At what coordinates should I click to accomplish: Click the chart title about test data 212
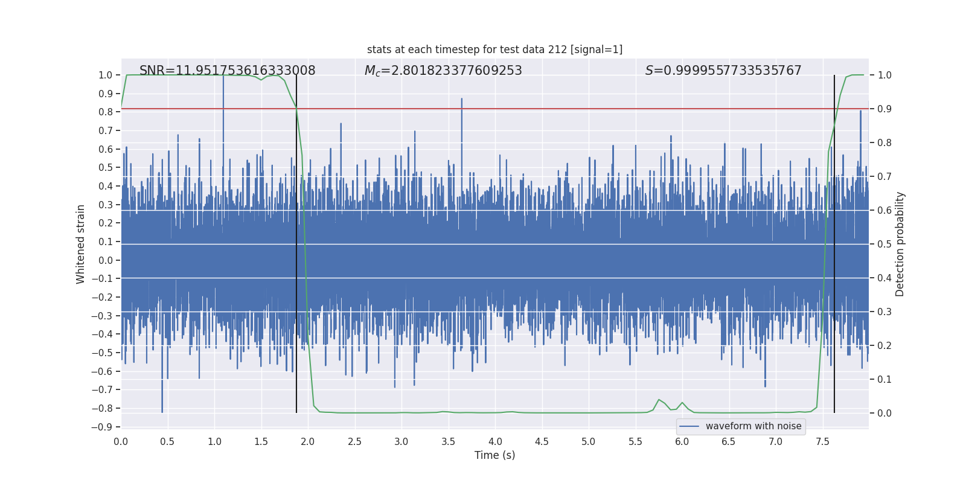point(494,50)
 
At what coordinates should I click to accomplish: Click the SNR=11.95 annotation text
point(227,71)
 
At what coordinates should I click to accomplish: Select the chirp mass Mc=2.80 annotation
point(443,71)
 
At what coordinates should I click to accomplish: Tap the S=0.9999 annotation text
point(723,71)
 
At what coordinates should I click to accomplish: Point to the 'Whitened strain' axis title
point(81,244)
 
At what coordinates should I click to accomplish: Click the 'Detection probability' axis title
point(900,244)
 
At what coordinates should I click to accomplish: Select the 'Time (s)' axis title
point(494,455)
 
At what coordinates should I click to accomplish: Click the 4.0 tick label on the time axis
point(495,442)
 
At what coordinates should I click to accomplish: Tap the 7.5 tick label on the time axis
point(822,442)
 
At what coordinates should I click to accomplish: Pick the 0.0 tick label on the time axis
point(121,442)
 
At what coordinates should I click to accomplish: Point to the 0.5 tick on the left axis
point(106,168)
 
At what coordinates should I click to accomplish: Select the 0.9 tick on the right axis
point(884,109)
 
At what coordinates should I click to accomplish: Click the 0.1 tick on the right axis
point(884,380)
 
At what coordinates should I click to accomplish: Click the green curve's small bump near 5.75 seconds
point(659,400)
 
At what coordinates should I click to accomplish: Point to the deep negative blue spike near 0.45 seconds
point(162,398)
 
